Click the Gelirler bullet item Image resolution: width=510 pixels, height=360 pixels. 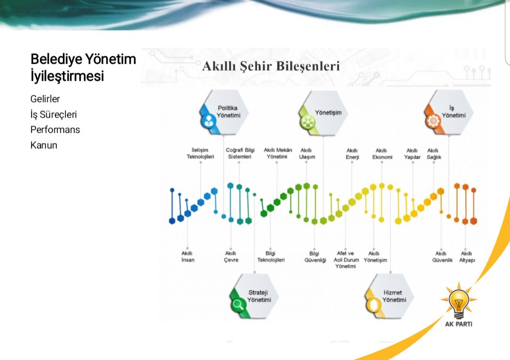tap(45, 99)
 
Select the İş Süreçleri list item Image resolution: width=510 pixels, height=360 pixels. tap(54, 114)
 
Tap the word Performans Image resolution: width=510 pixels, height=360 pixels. tap(55, 129)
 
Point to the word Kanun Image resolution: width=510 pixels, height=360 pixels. tap(44, 145)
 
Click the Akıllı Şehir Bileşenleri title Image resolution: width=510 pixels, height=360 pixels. tap(271, 66)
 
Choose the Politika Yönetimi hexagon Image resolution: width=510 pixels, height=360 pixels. tap(224, 112)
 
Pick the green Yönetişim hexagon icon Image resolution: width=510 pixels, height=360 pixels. tap(307, 122)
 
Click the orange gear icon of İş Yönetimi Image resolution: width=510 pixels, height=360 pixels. tap(433, 121)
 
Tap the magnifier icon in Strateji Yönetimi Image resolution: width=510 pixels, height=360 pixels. tap(238, 305)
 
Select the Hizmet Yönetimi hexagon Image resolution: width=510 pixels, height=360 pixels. tap(389, 296)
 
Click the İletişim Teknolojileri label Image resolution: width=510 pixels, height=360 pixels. tap(200, 154)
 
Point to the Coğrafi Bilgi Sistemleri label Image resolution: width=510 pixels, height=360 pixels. tap(240, 154)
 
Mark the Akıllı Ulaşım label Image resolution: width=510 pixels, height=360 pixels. tap(307, 154)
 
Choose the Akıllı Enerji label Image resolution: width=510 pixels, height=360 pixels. tap(352, 154)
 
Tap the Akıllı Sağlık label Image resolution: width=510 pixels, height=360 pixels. tap(434, 154)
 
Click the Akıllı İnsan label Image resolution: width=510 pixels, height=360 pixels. tap(187, 257)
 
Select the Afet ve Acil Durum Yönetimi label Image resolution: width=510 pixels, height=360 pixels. tap(346, 260)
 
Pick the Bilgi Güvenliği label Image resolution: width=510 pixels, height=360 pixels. tap(315, 257)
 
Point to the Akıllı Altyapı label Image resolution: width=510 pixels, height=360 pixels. tap(467, 257)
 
